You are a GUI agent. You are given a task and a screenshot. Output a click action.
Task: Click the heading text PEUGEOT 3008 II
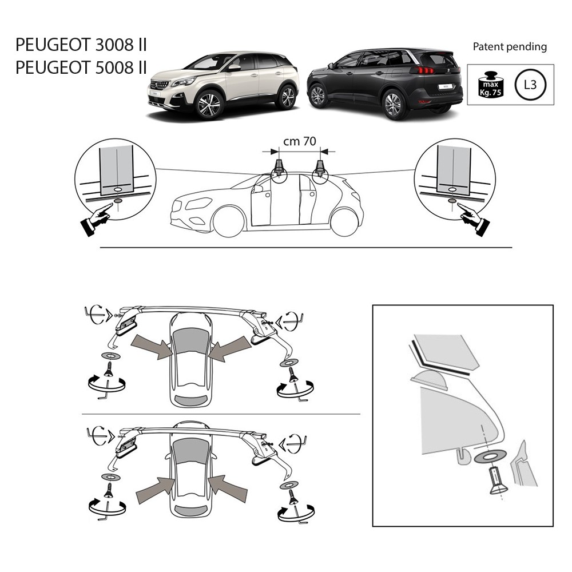(x=81, y=45)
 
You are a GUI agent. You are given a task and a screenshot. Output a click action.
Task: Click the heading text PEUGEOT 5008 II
(x=81, y=67)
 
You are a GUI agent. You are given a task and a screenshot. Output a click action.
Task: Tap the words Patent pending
(x=510, y=47)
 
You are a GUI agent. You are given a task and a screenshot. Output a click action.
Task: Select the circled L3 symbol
(x=530, y=85)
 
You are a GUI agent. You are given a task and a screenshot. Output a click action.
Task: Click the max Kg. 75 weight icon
(x=491, y=85)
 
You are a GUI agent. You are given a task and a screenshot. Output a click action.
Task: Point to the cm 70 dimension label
(x=300, y=141)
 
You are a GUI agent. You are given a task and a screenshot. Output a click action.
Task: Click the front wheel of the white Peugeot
(x=209, y=105)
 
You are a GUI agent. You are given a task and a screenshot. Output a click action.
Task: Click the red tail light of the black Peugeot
(x=423, y=70)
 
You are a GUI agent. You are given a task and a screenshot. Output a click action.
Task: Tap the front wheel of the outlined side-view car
(x=229, y=222)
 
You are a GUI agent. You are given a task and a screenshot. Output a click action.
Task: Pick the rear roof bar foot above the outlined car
(x=320, y=168)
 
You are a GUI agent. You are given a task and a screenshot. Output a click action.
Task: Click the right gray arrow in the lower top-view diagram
(x=229, y=488)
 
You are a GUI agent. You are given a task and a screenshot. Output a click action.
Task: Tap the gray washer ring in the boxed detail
(x=490, y=456)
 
